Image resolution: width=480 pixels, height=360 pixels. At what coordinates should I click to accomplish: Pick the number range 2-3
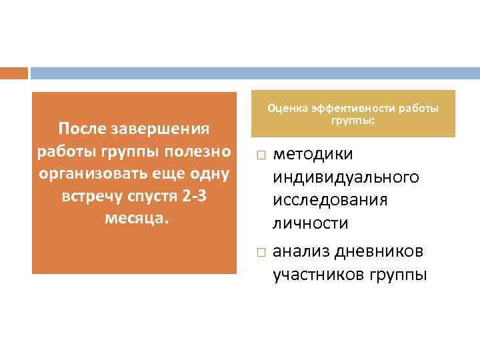(193, 197)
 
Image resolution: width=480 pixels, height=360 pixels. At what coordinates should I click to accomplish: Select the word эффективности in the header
(354, 109)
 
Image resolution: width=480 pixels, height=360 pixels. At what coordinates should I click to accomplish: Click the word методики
(313, 154)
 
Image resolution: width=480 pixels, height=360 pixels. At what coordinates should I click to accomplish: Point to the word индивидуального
(345, 177)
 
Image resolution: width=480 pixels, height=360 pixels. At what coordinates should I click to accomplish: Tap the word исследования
(330, 200)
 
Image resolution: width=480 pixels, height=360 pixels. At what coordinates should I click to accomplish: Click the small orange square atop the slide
(14, 73)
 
